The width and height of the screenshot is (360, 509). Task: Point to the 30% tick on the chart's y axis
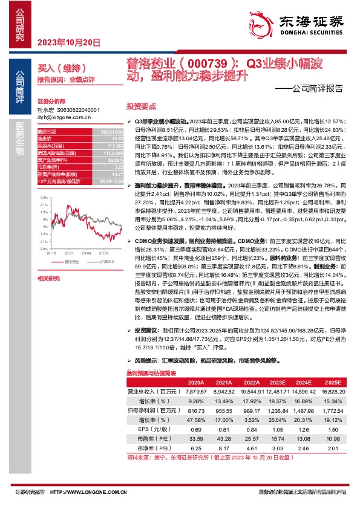click(x=44, y=197)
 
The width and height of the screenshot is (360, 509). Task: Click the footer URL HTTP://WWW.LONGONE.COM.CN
click(x=100, y=493)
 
